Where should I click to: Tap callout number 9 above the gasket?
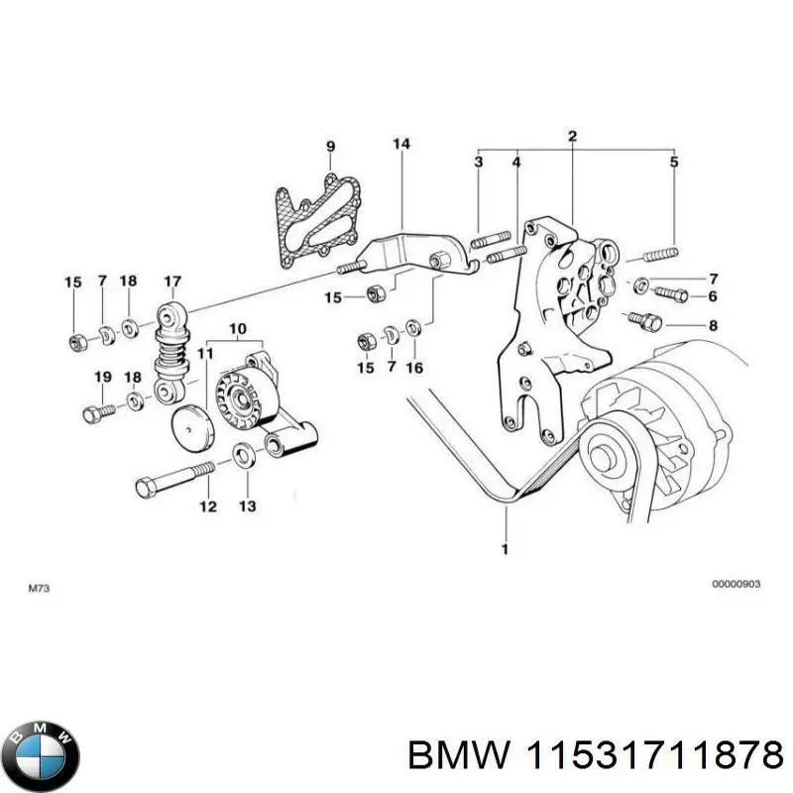click(331, 148)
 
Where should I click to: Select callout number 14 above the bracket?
click(400, 145)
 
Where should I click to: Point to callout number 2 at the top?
click(572, 136)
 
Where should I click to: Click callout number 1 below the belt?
click(505, 548)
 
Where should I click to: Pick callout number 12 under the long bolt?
click(207, 507)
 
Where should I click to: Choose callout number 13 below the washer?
click(247, 507)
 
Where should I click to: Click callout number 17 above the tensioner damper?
click(172, 282)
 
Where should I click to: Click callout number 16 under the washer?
click(414, 368)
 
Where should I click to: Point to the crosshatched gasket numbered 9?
click(310, 219)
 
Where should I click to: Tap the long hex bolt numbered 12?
click(173, 487)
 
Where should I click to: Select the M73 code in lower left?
click(38, 589)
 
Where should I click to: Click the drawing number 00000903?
click(736, 585)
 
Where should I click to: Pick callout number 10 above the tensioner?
click(238, 328)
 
